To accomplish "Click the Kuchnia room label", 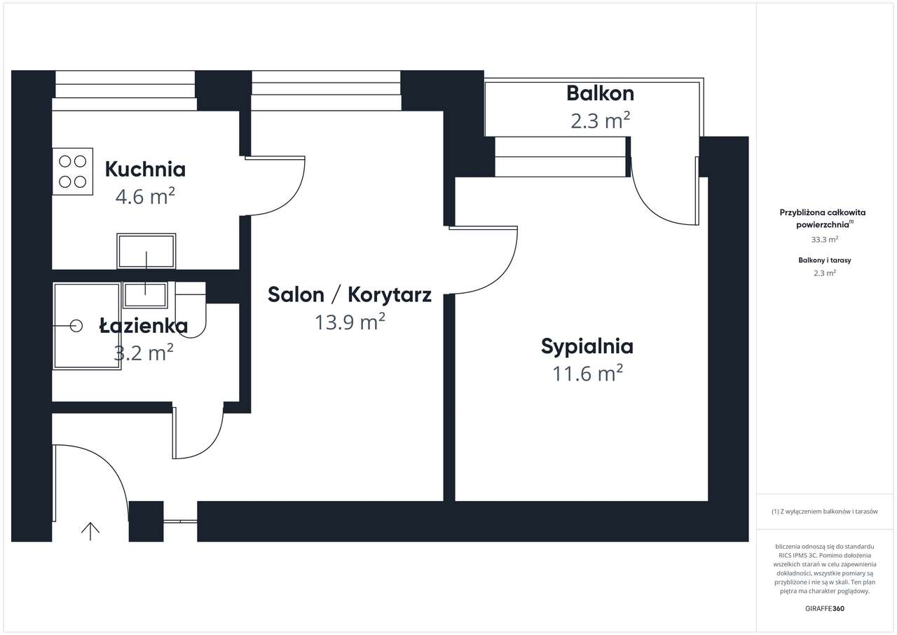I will point(145,169).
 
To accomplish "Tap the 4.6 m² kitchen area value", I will point(145,196).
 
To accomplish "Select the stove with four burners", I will point(72,171).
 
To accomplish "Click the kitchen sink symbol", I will point(146,252).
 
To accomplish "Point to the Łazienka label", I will point(143,326).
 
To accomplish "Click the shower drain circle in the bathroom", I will point(76,325).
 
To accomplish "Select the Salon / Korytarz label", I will point(350,294).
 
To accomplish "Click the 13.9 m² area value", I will point(350,322).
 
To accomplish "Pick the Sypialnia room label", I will point(587,346).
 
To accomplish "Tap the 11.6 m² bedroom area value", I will point(587,374).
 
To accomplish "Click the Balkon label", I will point(600,93).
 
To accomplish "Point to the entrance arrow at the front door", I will point(90,531).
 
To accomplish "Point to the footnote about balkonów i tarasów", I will point(824,512).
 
